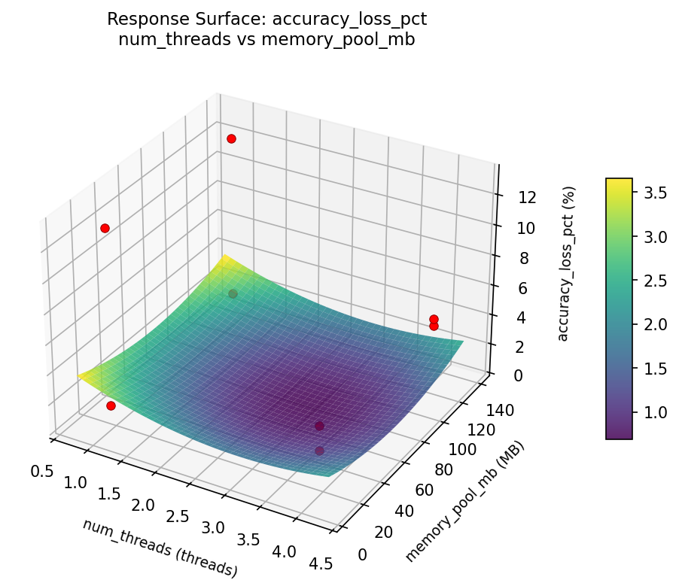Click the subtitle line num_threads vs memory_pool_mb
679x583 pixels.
(x=266, y=40)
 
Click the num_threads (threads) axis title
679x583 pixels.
(x=160, y=548)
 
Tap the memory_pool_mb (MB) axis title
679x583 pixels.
(x=464, y=502)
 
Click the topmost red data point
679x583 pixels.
(x=231, y=138)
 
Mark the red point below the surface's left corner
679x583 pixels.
(x=111, y=406)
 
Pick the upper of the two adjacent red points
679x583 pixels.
(x=434, y=320)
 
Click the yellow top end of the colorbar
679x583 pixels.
(x=620, y=183)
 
